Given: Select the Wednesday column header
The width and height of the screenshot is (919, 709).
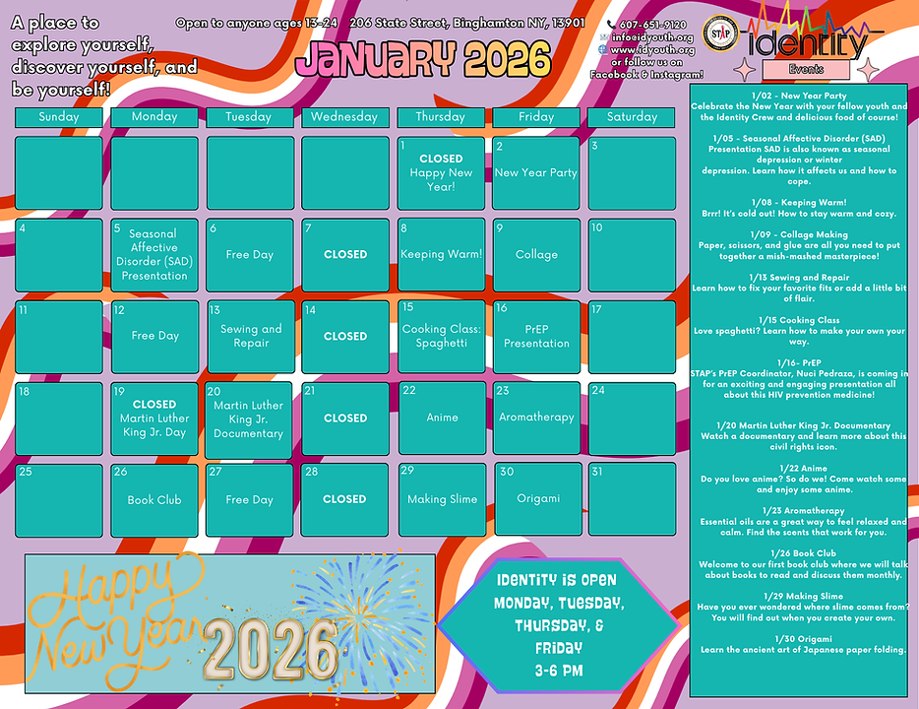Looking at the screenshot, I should (343, 116).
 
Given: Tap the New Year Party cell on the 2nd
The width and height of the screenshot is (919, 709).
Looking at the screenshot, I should (535, 173).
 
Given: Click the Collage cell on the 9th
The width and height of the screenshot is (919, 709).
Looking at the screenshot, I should (535, 255).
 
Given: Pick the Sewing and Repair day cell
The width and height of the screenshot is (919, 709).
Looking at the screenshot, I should (250, 337).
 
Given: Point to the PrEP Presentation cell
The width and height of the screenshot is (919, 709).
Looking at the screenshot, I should (535, 337).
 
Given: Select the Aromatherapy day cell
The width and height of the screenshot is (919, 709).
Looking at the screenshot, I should (535, 419).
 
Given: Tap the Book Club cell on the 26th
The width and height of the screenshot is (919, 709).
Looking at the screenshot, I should (153, 500).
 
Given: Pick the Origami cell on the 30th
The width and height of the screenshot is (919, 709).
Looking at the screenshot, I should (537, 498).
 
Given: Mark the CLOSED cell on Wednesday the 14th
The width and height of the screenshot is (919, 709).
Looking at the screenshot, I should (344, 337).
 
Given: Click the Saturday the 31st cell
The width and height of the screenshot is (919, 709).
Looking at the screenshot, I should (631, 498).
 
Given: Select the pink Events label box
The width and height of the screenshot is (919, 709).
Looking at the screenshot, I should (806, 69).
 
